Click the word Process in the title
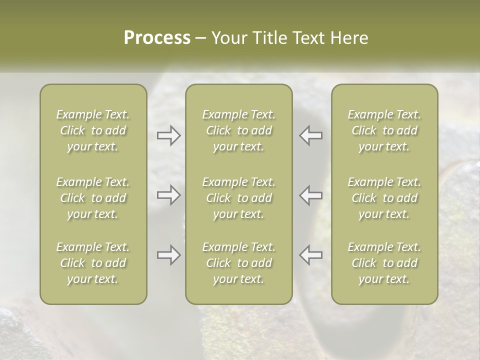[x=157, y=38]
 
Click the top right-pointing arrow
[x=168, y=135]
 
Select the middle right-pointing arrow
[x=168, y=195]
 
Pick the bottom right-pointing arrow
[x=168, y=255]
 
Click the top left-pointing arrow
[x=310, y=135]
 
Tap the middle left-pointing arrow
[x=310, y=195]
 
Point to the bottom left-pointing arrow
[x=310, y=255]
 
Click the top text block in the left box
[x=93, y=130]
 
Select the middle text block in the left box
[x=93, y=198]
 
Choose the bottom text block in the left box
[x=93, y=263]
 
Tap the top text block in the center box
[x=239, y=130]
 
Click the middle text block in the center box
[x=239, y=198]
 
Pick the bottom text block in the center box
[x=239, y=263]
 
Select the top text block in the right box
[x=384, y=130]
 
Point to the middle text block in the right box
[x=384, y=198]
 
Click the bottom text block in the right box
[x=384, y=263]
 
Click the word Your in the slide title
[x=227, y=38]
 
